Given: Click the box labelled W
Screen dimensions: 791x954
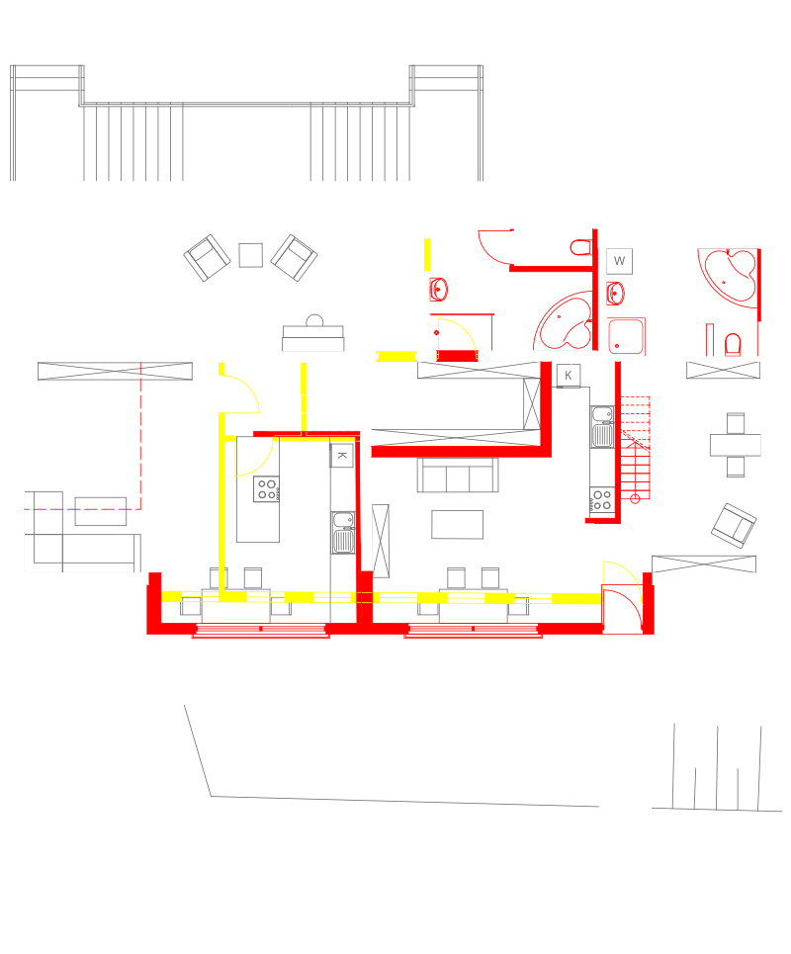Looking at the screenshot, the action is point(621,261).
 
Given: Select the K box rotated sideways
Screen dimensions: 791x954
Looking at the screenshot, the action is point(341,455).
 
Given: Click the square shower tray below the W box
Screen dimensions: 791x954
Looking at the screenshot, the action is point(627,336).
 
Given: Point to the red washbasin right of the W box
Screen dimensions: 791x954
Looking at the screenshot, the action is point(616,292).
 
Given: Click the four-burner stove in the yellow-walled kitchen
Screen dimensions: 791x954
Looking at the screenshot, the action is point(266,489).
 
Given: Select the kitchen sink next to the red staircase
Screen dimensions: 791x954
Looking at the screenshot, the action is point(602,425).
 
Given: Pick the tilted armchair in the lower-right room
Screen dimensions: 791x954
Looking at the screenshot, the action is point(733,524).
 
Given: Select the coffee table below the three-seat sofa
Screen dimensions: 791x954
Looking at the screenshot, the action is point(458,524).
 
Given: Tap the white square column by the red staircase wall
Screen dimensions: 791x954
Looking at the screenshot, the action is point(589,528).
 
